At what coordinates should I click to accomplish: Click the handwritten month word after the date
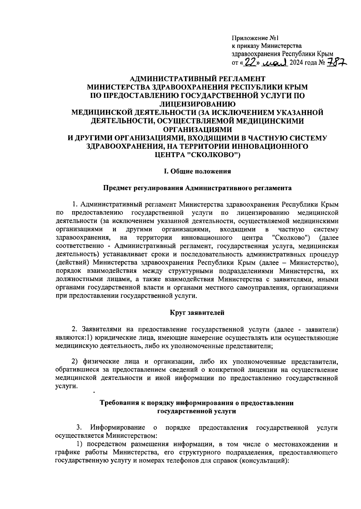click(276, 63)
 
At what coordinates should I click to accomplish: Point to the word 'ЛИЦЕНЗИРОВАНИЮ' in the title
click(197, 104)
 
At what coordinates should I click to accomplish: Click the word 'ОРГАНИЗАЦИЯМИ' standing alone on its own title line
click(197, 129)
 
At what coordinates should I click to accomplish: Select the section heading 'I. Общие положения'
click(197, 171)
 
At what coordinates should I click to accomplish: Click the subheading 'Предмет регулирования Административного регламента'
click(197, 188)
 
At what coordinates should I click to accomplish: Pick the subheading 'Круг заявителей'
click(197, 313)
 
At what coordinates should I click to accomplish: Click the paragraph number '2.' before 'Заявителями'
click(76, 329)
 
